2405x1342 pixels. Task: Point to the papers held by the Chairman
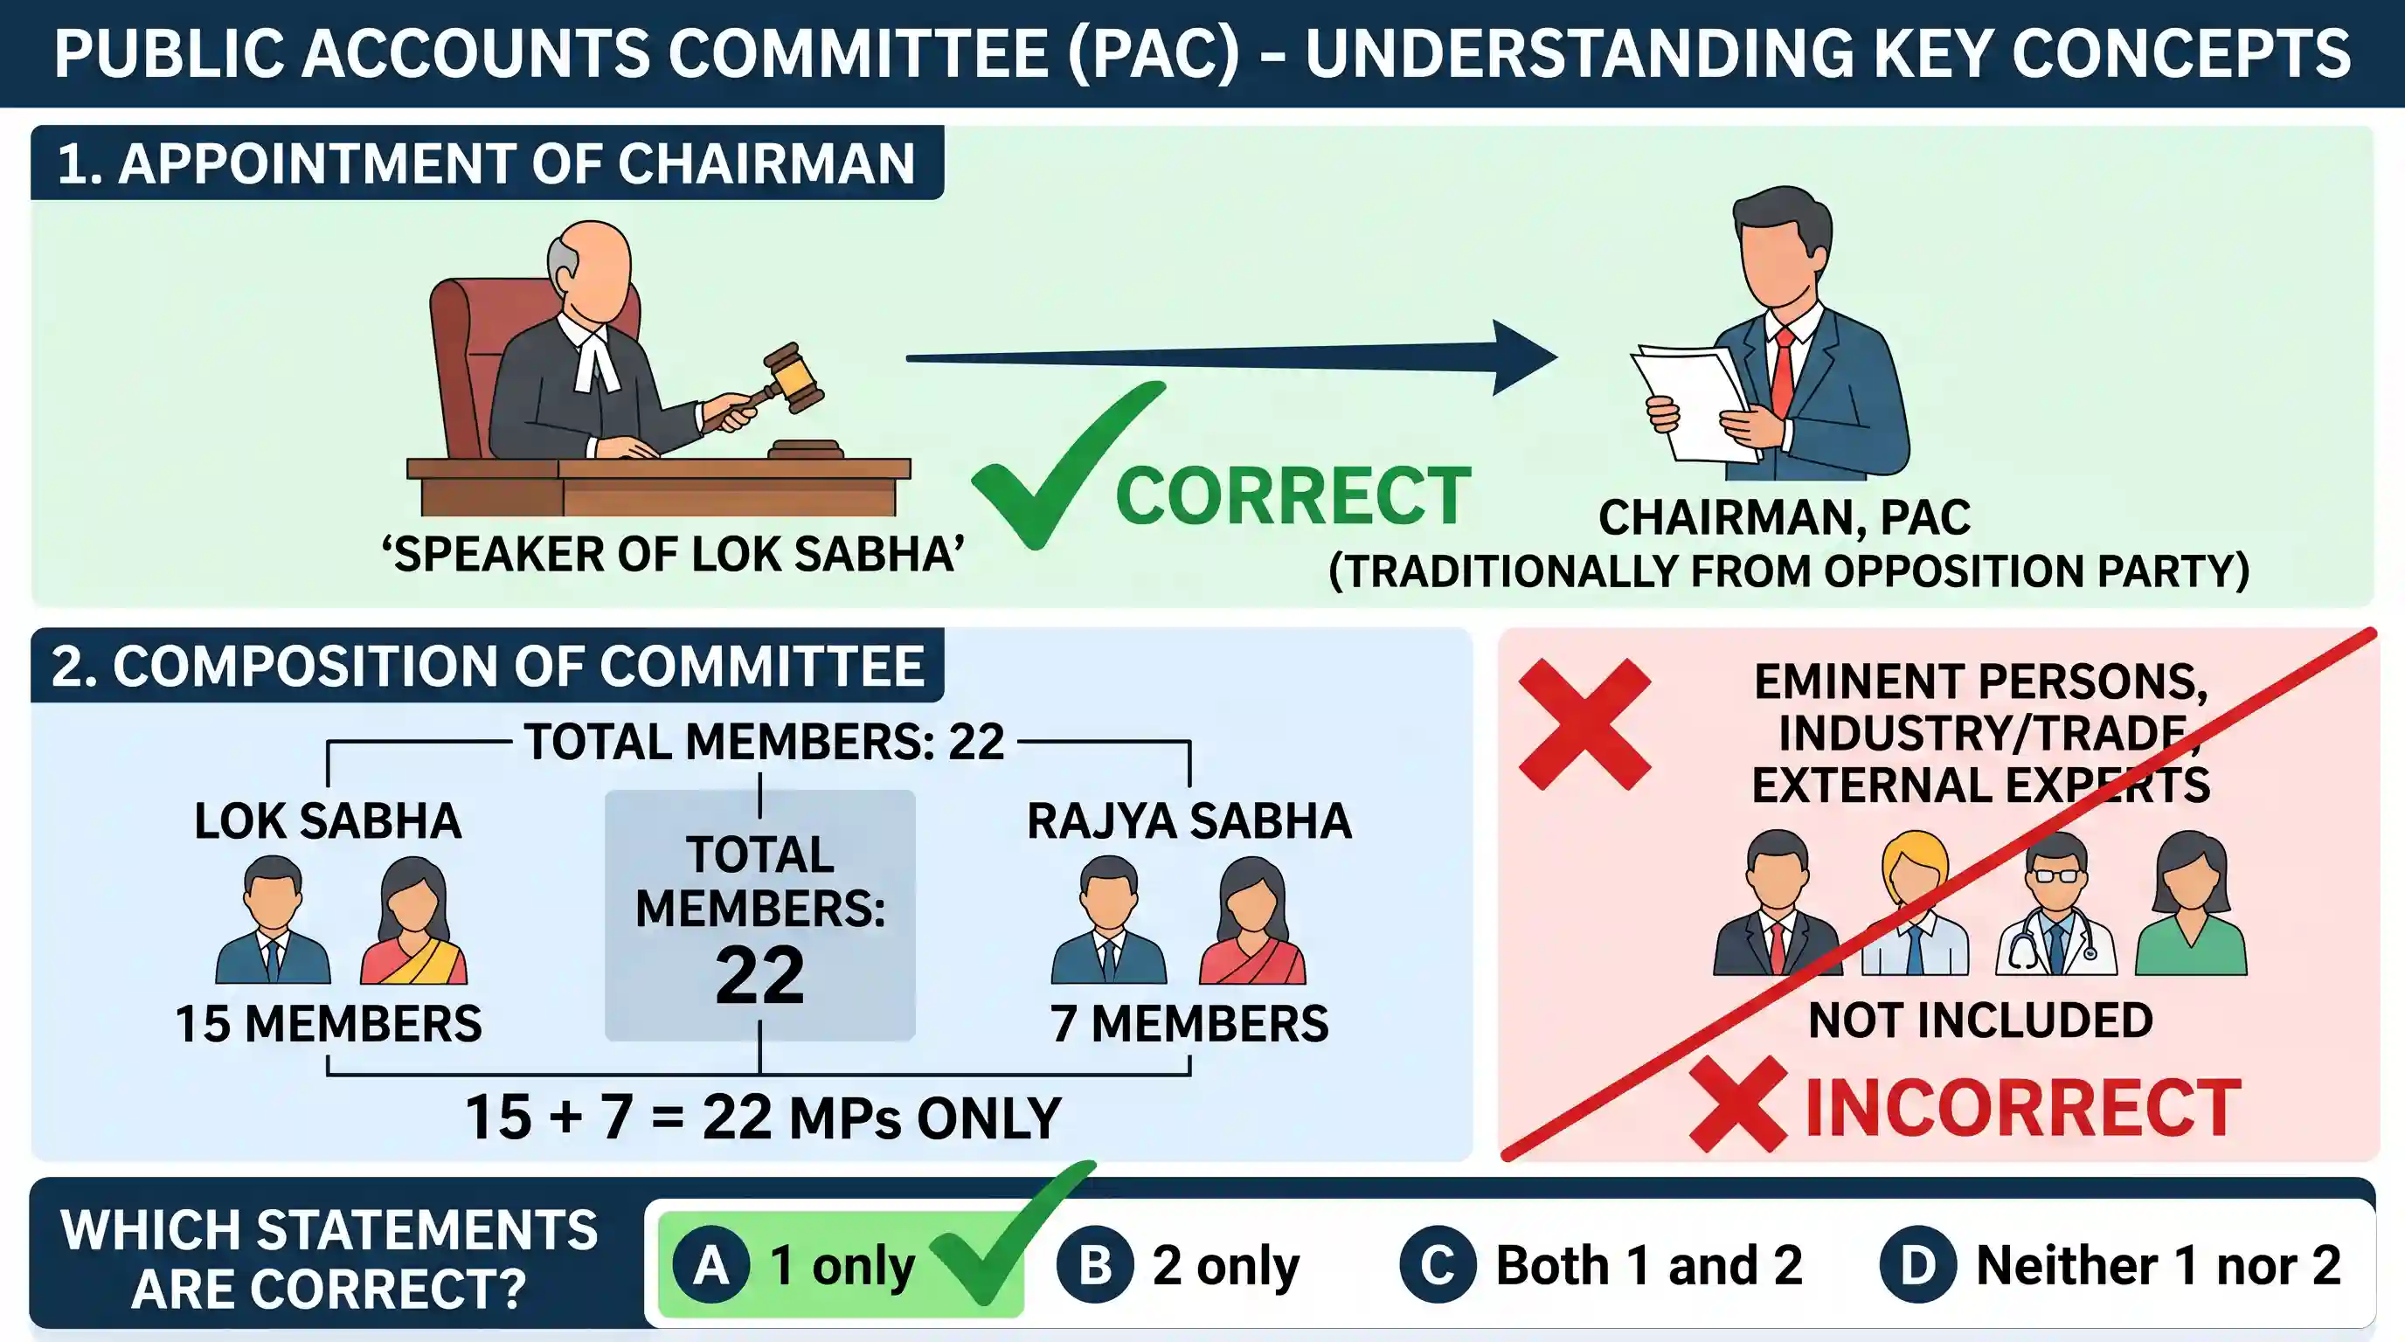click(x=1692, y=403)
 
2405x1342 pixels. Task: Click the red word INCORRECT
click(x=2023, y=1108)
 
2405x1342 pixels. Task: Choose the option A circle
click(x=711, y=1265)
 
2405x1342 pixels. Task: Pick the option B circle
click(x=1095, y=1265)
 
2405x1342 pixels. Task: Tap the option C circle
click(x=1438, y=1265)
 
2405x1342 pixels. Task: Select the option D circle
click(x=1917, y=1265)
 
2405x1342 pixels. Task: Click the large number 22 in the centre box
click(x=760, y=976)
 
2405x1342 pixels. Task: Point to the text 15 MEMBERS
click(x=329, y=1024)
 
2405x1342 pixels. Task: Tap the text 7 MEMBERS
click(x=1189, y=1024)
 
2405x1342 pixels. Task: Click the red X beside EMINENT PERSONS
click(x=1585, y=724)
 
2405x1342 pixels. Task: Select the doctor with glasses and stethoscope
click(x=2055, y=904)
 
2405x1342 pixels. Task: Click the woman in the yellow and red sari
click(x=413, y=920)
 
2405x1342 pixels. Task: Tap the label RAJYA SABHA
click(x=1189, y=821)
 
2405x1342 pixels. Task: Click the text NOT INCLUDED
click(x=1981, y=1020)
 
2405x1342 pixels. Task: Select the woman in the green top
click(x=2190, y=904)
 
